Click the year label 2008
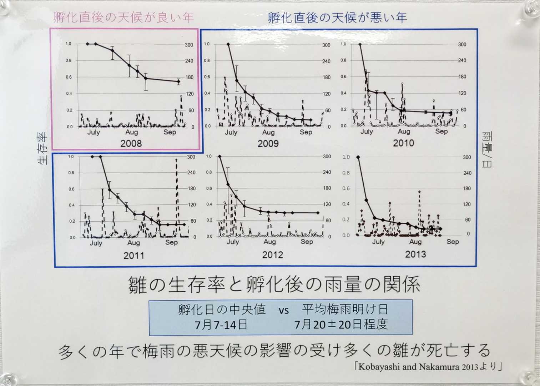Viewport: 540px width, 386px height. click(x=131, y=144)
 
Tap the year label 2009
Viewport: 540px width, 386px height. click(x=268, y=144)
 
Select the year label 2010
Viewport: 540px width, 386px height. click(x=403, y=143)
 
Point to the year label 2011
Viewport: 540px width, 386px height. click(x=134, y=256)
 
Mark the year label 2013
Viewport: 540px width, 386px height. click(x=415, y=254)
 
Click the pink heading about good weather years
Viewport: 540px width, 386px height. click(x=123, y=18)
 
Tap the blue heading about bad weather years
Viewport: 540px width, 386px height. click(x=337, y=18)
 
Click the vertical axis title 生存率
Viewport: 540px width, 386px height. click(x=42, y=148)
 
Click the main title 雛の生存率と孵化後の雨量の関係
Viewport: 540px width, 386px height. click(x=274, y=285)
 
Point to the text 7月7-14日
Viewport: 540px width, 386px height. click(x=221, y=325)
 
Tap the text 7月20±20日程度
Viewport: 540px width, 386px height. click(x=341, y=325)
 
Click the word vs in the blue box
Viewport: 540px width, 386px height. click(x=283, y=310)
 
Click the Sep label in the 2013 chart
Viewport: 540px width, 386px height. click(x=453, y=242)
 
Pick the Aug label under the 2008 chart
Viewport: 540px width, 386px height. click(x=131, y=132)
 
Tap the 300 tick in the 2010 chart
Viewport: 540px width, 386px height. click(x=462, y=45)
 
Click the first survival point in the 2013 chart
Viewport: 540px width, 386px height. click(x=358, y=157)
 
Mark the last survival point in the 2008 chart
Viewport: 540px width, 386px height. click(x=179, y=81)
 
